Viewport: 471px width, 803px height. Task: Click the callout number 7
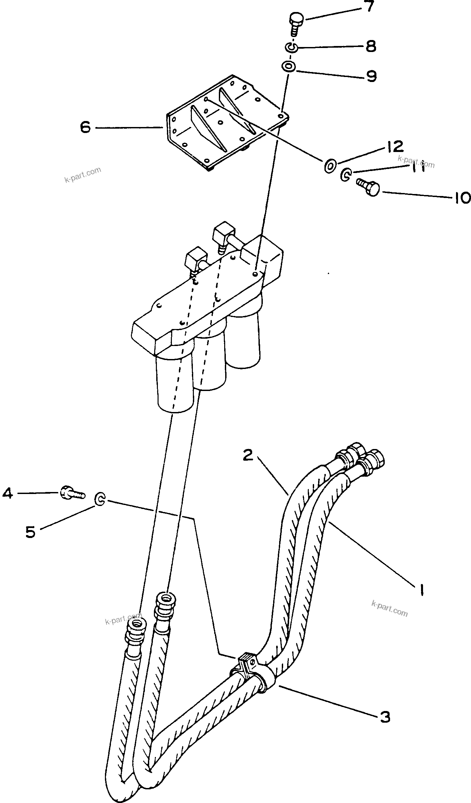click(x=368, y=6)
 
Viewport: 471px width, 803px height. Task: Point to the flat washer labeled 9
click(x=288, y=66)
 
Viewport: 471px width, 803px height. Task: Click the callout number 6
click(x=85, y=127)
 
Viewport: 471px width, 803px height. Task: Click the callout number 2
click(x=248, y=455)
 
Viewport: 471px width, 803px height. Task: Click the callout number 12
click(x=395, y=146)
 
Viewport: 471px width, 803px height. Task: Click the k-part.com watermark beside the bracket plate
click(x=83, y=175)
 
